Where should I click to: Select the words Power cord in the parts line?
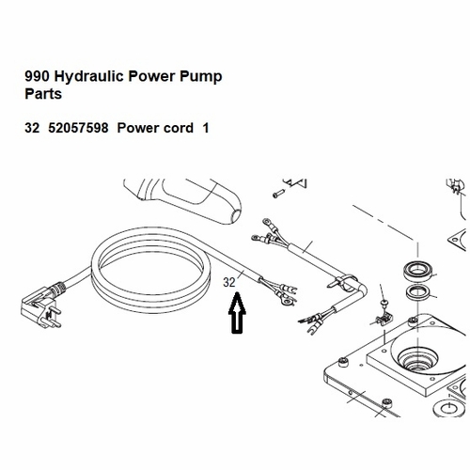click(160, 129)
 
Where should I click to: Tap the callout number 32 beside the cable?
click(229, 281)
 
